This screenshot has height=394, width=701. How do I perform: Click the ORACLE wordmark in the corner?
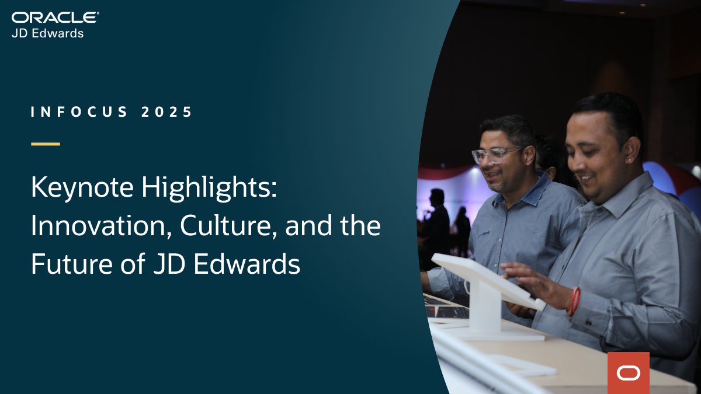(55, 18)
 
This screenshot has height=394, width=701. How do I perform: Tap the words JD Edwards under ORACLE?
(47, 33)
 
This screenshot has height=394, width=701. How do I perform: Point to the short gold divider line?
(45, 144)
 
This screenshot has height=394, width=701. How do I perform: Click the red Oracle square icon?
(628, 372)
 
